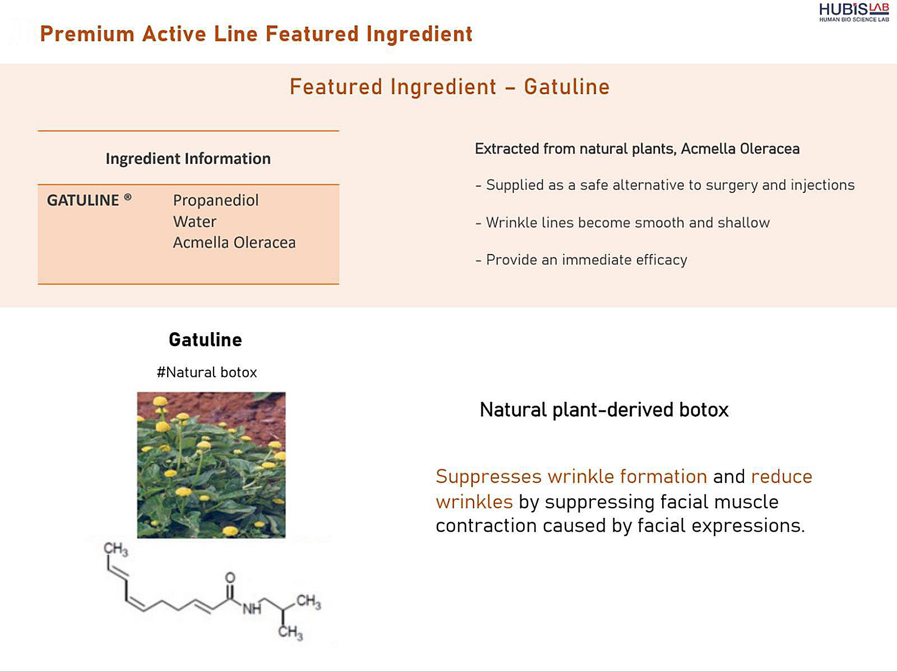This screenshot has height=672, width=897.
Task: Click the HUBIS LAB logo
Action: pos(854,12)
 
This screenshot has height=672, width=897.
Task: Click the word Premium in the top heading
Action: pos(87,34)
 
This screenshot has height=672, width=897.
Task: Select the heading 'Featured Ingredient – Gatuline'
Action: pos(450,86)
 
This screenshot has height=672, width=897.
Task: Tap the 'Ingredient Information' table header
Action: pos(188,159)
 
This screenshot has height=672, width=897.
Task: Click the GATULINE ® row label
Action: pos(89,200)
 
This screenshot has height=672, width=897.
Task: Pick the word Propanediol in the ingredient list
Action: pos(216,200)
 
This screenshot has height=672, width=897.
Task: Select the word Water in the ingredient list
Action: pos(195,222)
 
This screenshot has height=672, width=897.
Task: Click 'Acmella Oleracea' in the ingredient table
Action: pos(234,242)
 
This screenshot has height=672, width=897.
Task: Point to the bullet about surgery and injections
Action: pos(665,185)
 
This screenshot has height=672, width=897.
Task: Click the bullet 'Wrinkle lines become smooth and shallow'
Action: pos(622,222)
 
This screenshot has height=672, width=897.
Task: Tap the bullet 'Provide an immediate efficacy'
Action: pos(581,260)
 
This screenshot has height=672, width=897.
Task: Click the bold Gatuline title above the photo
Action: pos(206,340)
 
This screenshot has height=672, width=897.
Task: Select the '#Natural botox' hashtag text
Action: pos(207,372)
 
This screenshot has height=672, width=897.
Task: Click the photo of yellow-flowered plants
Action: pos(211,465)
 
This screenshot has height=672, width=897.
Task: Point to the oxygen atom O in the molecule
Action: pos(230,577)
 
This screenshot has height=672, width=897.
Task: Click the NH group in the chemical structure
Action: pos(252,609)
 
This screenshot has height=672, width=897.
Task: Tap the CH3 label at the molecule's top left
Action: pos(115,549)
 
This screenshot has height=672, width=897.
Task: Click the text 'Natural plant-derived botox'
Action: pos(604,409)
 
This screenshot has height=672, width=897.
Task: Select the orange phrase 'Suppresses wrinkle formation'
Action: pos(571,477)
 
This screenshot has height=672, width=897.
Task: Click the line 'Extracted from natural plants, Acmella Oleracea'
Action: pos(637,149)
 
